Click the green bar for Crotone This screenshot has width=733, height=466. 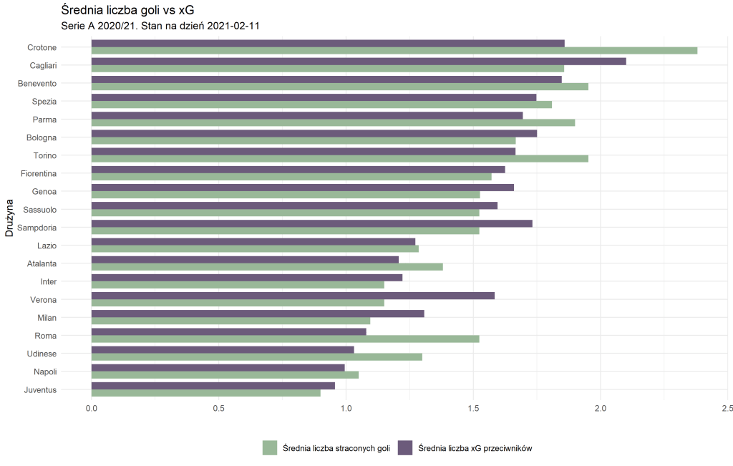tap(394, 51)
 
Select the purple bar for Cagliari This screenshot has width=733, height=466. tap(358, 62)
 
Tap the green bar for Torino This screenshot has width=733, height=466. tap(339, 158)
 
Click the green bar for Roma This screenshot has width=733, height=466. tap(285, 339)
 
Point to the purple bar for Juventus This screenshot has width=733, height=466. tap(213, 386)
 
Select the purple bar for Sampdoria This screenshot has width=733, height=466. tap(311, 223)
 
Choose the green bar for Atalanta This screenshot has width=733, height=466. tap(267, 267)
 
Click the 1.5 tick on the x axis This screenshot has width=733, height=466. tap(473, 408)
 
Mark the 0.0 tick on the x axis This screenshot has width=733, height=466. tap(92, 408)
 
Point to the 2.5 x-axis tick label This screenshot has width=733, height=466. tap(727, 408)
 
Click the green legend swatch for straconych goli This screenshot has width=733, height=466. tap(270, 448)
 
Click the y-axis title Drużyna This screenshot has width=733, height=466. tap(9, 218)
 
